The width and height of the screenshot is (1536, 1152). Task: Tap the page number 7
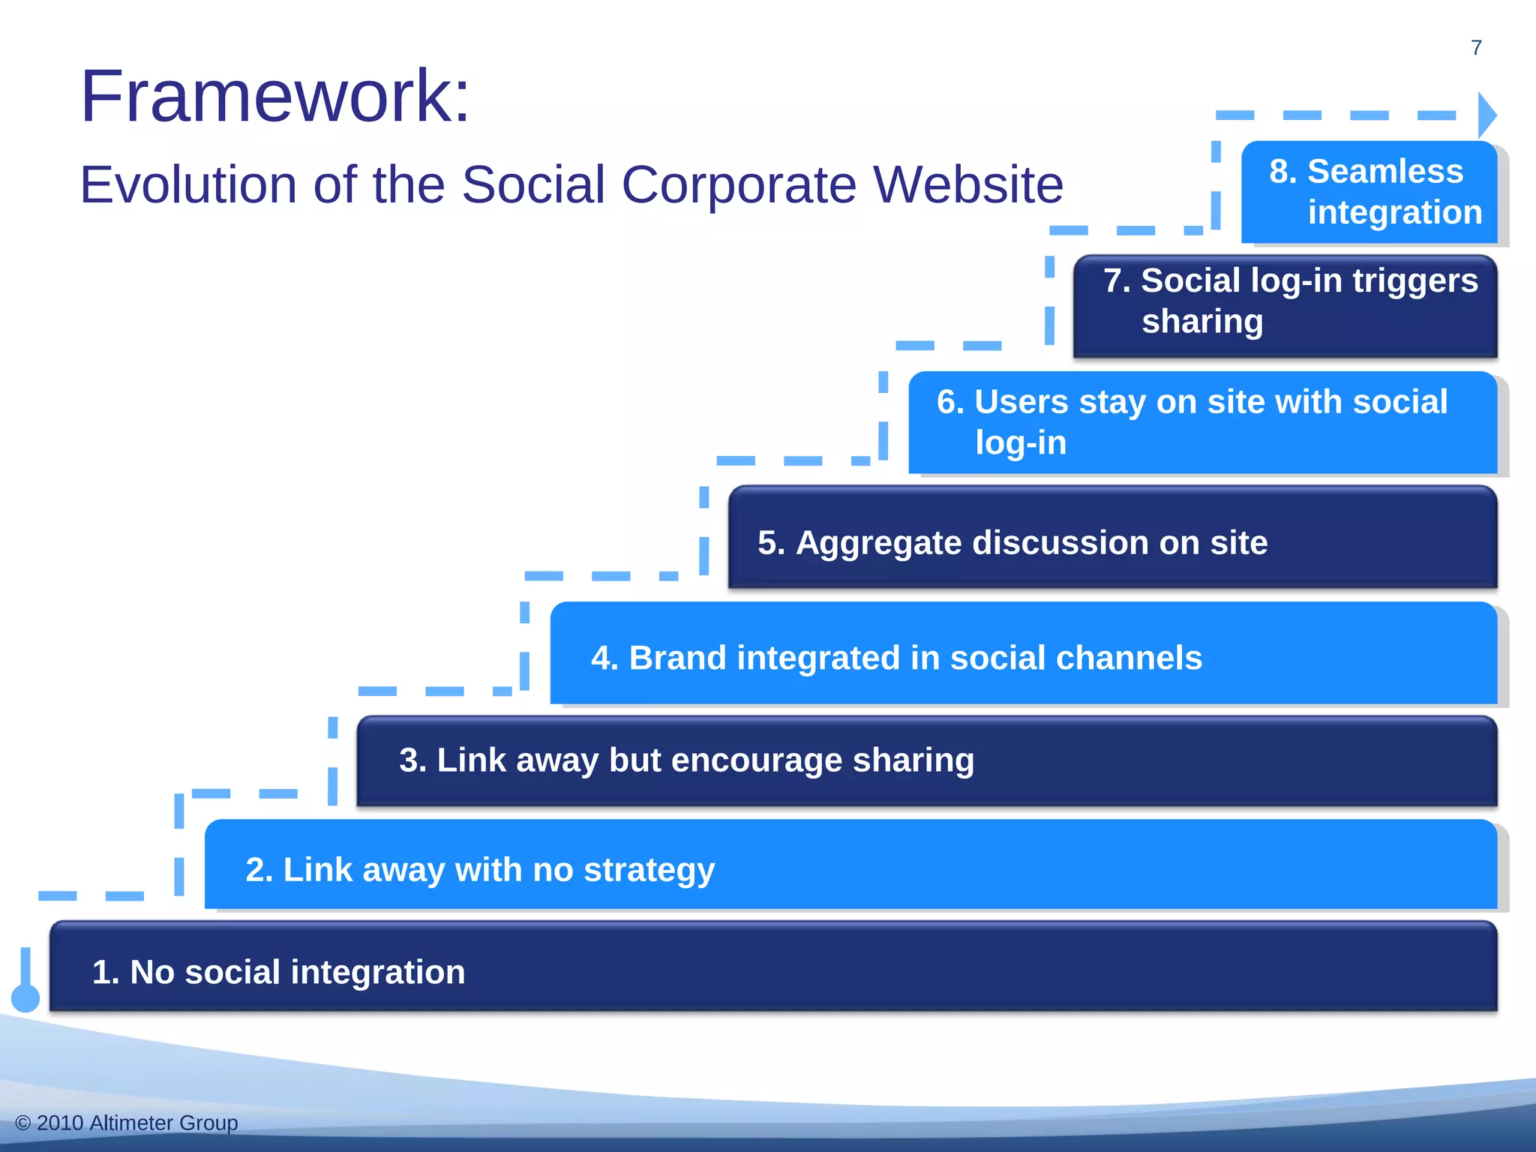pyautogui.click(x=1476, y=48)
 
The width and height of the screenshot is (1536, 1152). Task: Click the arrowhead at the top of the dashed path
pyautogui.click(x=1486, y=115)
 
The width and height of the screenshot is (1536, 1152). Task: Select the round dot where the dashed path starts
pyautogui.click(x=25, y=997)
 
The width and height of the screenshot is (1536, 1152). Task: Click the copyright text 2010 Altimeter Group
pyautogui.click(x=127, y=1123)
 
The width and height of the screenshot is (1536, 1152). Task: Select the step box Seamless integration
pyautogui.click(x=1369, y=192)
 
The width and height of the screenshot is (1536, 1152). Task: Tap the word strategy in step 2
pyautogui.click(x=649, y=871)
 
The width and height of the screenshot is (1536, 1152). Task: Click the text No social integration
pyautogui.click(x=278, y=972)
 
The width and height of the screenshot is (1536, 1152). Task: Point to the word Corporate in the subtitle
pyautogui.click(x=738, y=184)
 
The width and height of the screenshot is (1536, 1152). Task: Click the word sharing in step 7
pyautogui.click(x=1201, y=322)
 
